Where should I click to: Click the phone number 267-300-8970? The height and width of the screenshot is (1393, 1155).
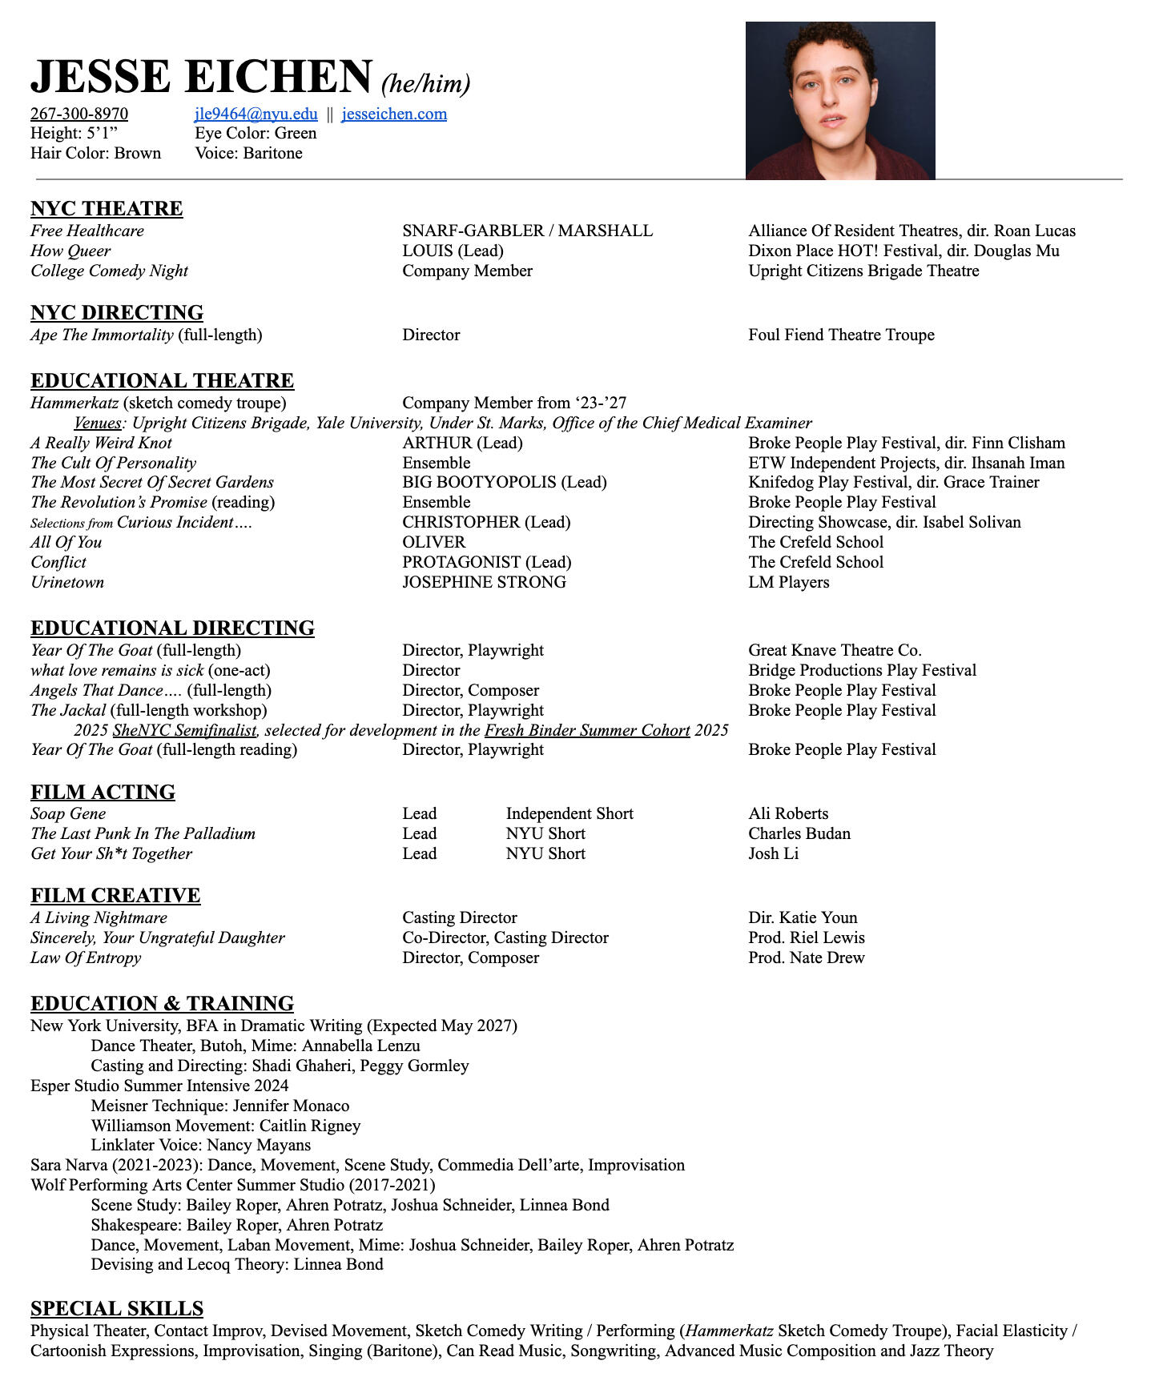pyautogui.click(x=79, y=114)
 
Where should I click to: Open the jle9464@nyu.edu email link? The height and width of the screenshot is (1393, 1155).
pyautogui.click(x=256, y=114)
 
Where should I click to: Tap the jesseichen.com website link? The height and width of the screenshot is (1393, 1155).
pyautogui.click(x=394, y=114)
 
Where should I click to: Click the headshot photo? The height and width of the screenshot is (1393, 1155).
pyautogui.click(x=839, y=100)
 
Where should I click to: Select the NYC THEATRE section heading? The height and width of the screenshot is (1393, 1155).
pyautogui.click(x=107, y=209)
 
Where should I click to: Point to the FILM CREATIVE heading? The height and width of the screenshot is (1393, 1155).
pyautogui.click(x=115, y=895)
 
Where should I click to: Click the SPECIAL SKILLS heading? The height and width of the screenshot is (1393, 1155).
pyautogui.click(x=117, y=1308)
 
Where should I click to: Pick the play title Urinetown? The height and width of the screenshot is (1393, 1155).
pyautogui.click(x=67, y=582)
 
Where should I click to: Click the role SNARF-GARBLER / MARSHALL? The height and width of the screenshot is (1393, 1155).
pyautogui.click(x=527, y=231)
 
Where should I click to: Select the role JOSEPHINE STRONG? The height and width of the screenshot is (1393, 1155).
pyautogui.click(x=484, y=582)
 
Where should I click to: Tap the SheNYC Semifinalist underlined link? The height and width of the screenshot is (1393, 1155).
pyautogui.click(x=184, y=730)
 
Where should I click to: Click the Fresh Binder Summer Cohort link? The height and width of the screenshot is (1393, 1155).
pyautogui.click(x=587, y=730)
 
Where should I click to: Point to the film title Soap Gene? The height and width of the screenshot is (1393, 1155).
pyautogui.click(x=68, y=813)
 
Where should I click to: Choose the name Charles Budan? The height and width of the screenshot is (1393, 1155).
pyautogui.click(x=799, y=833)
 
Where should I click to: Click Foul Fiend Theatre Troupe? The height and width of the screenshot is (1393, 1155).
pyautogui.click(x=841, y=335)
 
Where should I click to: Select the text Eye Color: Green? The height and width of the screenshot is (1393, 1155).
pyautogui.click(x=256, y=133)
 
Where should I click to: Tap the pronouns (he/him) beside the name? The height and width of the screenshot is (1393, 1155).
pyautogui.click(x=425, y=83)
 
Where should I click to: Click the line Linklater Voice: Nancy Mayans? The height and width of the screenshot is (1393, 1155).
pyautogui.click(x=200, y=1145)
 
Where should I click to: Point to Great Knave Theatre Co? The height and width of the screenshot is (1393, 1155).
pyautogui.click(x=835, y=650)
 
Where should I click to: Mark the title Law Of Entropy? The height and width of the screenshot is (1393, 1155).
pyautogui.click(x=86, y=957)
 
